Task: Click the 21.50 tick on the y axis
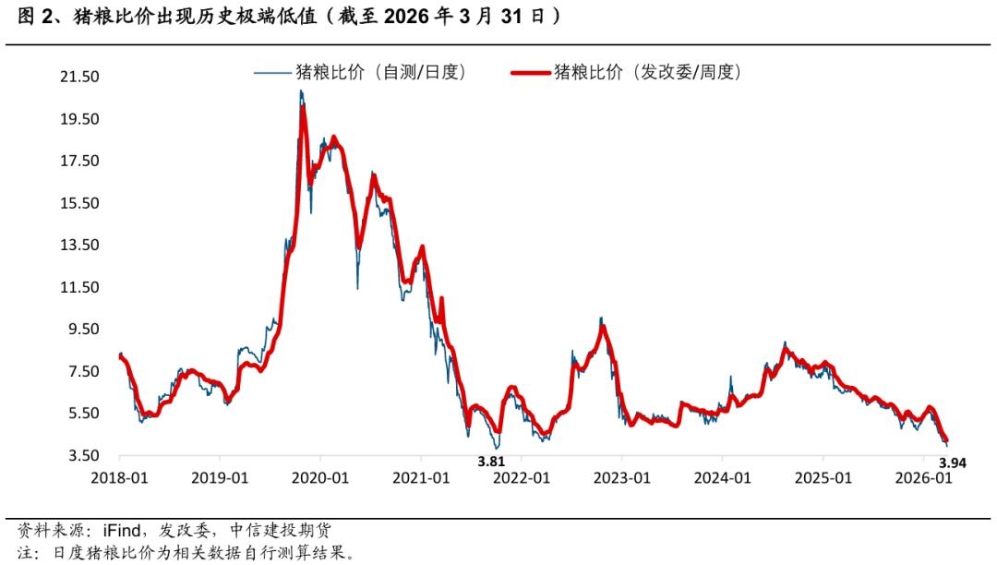pyautogui.click(x=79, y=77)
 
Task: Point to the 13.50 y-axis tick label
pyautogui.click(x=79, y=246)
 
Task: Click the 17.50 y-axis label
pyautogui.click(x=79, y=162)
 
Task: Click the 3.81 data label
pyautogui.click(x=490, y=462)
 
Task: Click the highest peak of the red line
pyautogui.click(x=302, y=110)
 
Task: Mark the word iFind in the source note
pyautogui.click(x=112, y=531)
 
